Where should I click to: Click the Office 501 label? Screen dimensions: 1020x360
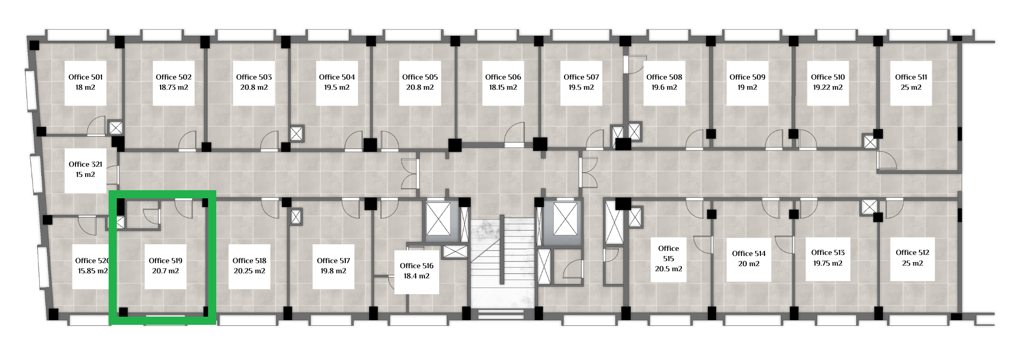(x=86, y=77)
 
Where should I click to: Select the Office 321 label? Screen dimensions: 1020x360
(x=86, y=164)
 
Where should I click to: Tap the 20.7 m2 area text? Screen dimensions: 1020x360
(x=165, y=271)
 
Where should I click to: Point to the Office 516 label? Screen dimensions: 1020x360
(x=417, y=266)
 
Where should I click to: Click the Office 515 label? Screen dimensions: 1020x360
(x=669, y=253)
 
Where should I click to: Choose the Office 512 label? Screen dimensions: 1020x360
(x=912, y=252)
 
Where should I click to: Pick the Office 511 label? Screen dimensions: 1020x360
(x=911, y=77)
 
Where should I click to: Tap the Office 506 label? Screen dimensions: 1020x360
(x=503, y=77)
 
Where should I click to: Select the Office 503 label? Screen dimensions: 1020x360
(x=254, y=77)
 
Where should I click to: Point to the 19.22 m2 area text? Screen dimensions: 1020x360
(x=828, y=87)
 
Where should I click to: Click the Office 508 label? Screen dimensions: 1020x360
(x=664, y=77)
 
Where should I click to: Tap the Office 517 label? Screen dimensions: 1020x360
(x=334, y=261)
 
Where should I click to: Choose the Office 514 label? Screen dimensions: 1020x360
(x=749, y=253)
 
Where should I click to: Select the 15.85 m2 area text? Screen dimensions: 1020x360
(x=93, y=271)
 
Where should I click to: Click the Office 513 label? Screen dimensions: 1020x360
(x=828, y=252)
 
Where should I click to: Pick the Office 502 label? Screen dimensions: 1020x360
(x=173, y=77)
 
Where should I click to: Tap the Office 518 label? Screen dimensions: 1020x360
(x=249, y=261)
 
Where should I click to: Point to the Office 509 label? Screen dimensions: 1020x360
(x=747, y=77)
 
